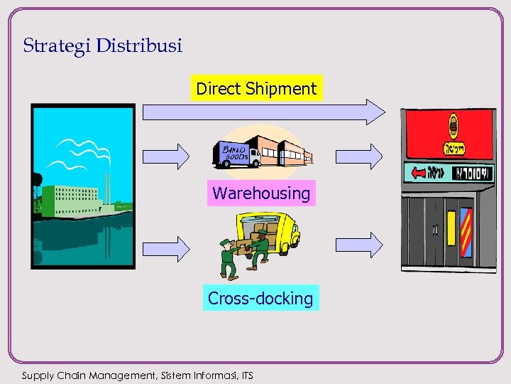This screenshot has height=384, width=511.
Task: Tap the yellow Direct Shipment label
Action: (x=256, y=89)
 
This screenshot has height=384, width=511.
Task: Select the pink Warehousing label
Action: (x=261, y=193)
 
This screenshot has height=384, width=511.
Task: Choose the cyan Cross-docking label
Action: (x=260, y=298)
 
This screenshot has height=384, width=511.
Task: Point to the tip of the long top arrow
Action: (x=383, y=112)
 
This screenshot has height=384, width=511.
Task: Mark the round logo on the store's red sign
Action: (x=453, y=127)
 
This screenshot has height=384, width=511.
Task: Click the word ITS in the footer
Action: (x=246, y=375)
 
